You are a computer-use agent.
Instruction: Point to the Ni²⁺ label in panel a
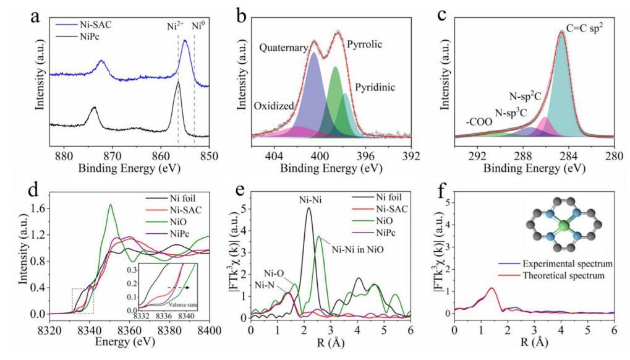click(176, 26)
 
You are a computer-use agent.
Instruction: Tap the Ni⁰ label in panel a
click(197, 26)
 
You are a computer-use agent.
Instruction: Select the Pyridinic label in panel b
click(375, 87)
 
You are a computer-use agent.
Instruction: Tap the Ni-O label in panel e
click(273, 272)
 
